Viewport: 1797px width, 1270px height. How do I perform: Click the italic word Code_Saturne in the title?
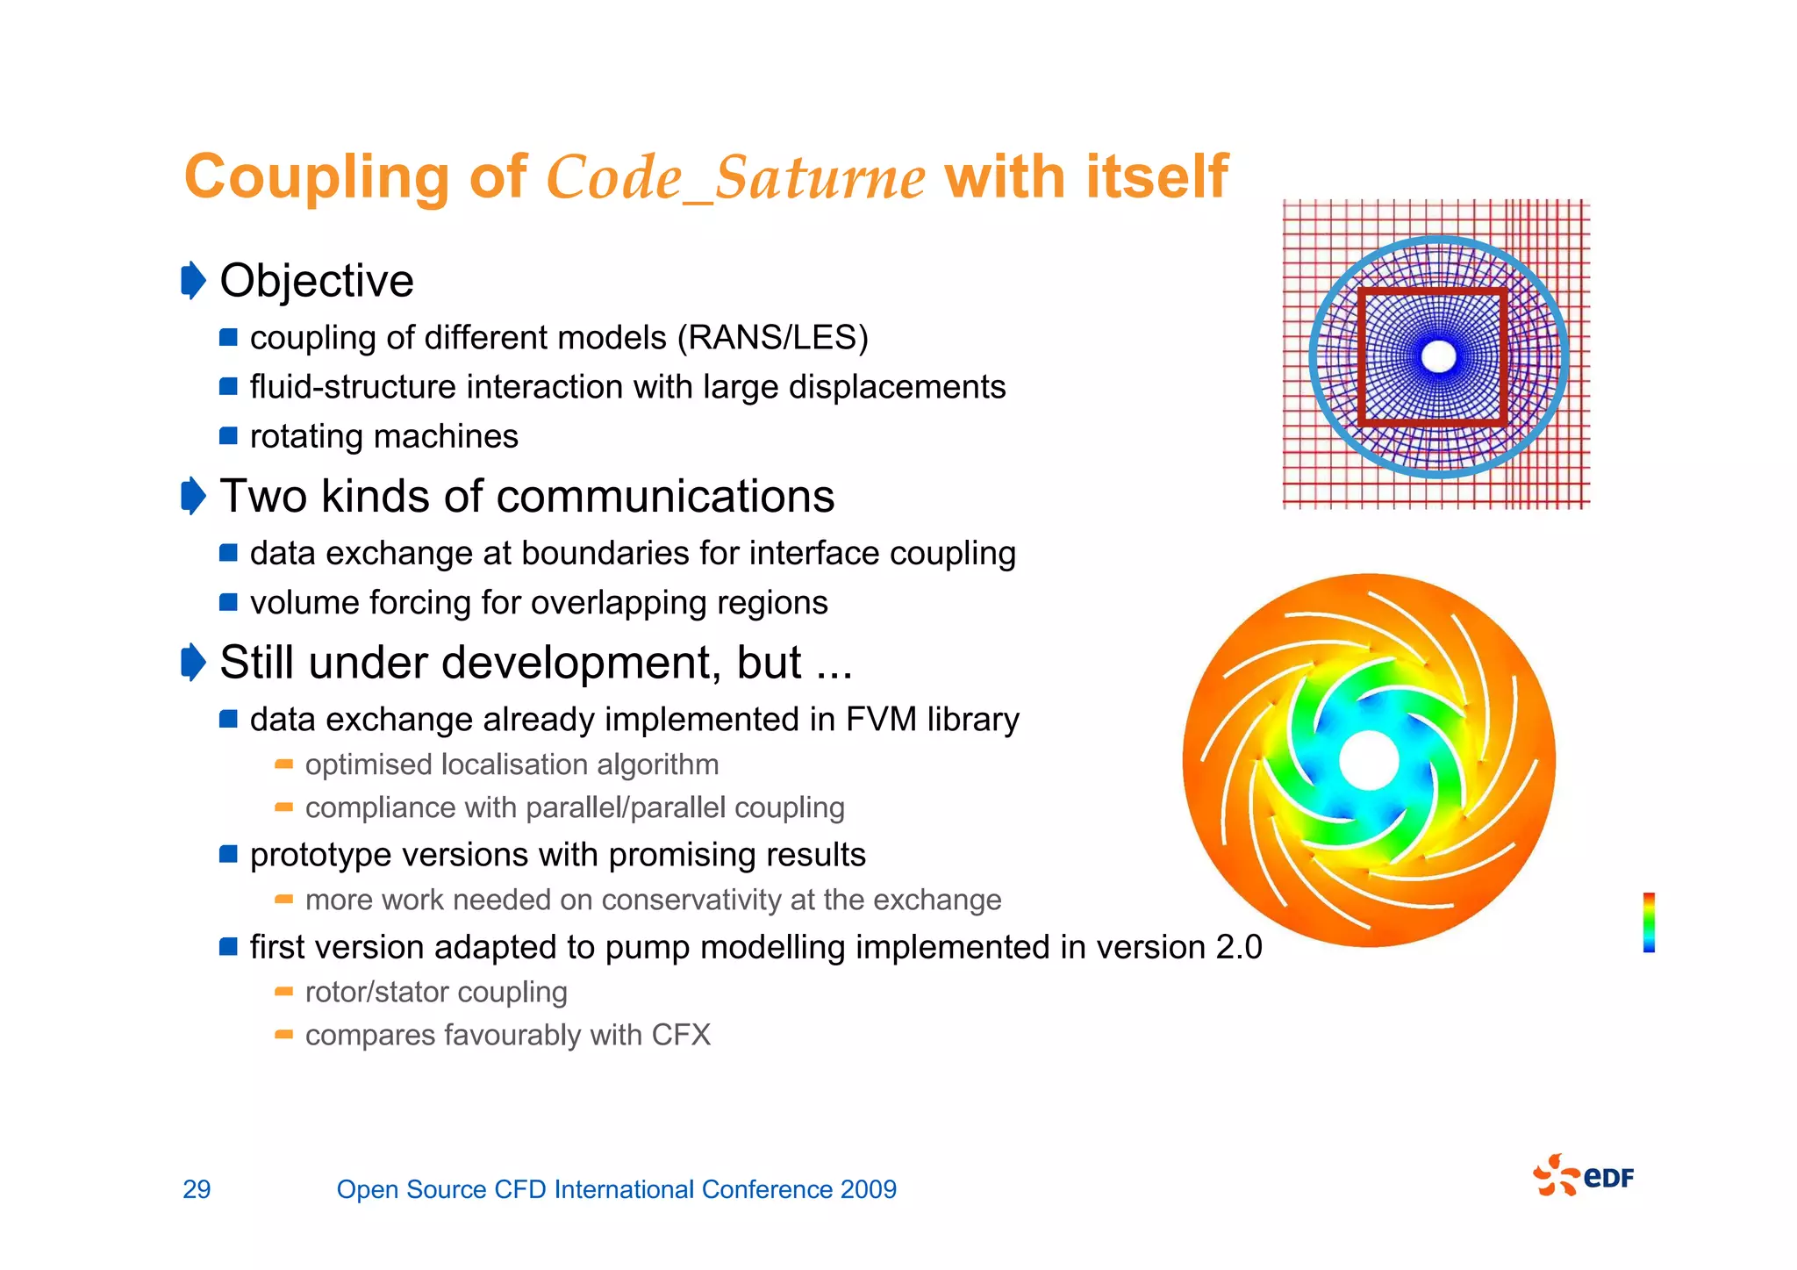pyautogui.click(x=735, y=177)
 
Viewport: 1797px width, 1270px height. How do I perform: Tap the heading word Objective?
pyautogui.click(x=316, y=281)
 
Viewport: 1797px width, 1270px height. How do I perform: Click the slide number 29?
pyautogui.click(x=197, y=1189)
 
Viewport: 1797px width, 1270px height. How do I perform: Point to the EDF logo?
pyautogui.click(x=1584, y=1176)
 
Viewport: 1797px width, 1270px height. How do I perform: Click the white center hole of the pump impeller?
pyautogui.click(x=1369, y=760)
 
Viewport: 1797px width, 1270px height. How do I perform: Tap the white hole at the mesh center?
pyautogui.click(x=1438, y=356)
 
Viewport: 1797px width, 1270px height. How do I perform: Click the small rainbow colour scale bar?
pyautogui.click(x=1649, y=922)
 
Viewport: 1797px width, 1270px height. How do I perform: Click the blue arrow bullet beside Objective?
pyautogui.click(x=193, y=281)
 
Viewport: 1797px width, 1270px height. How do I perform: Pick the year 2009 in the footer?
pyautogui.click(x=868, y=1189)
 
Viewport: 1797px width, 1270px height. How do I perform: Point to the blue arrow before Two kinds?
pyautogui.click(x=193, y=496)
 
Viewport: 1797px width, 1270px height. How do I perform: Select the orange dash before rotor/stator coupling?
pyautogui.click(x=283, y=992)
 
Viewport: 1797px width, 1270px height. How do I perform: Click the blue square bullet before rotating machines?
pyautogui.click(x=228, y=436)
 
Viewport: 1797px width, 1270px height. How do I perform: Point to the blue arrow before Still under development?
pyautogui.click(x=193, y=662)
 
